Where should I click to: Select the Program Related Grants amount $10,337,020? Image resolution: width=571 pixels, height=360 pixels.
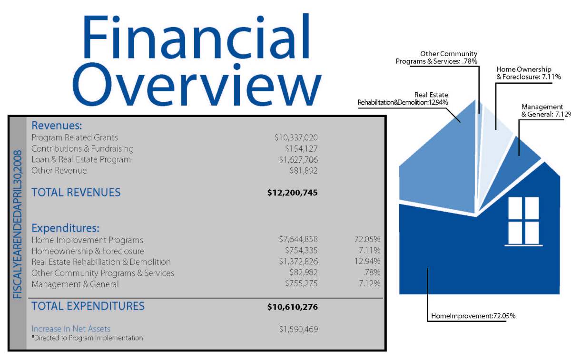click(295, 137)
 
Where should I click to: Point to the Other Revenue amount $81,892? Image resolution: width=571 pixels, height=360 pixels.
click(303, 170)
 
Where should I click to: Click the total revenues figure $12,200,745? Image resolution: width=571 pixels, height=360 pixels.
click(292, 193)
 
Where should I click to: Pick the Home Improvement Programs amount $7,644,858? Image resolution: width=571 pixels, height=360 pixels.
click(298, 239)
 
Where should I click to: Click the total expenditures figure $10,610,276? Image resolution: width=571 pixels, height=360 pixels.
click(292, 307)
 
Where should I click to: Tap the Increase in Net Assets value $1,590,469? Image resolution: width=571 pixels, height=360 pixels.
click(298, 329)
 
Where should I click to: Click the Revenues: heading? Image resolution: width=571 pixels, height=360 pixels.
click(57, 126)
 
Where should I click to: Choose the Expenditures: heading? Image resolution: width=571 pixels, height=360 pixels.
click(65, 228)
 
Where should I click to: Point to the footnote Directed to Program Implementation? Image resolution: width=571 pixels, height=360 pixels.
click(87, 338)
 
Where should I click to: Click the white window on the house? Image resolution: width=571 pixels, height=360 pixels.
click(523, 221)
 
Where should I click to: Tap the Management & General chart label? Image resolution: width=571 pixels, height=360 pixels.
click(543, 110)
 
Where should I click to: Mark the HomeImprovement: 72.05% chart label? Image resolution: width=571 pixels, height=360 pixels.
click(473, 316)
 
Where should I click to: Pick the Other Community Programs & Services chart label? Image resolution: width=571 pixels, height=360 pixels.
click(436, 58)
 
